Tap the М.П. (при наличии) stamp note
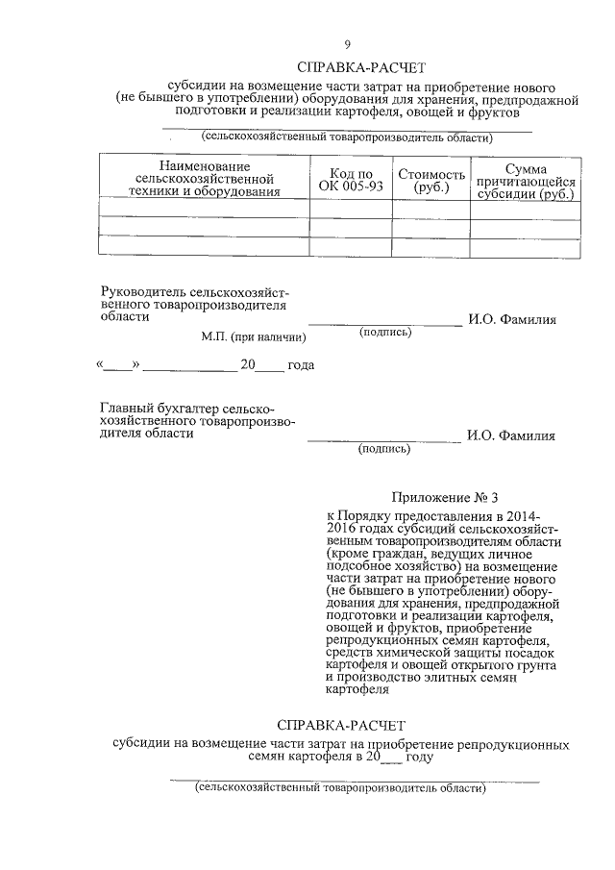point(254,337)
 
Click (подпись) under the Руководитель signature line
point(385,333)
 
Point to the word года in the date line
point(302,365)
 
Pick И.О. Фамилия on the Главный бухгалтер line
point(511,435)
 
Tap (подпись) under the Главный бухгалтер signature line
point(385,448)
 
